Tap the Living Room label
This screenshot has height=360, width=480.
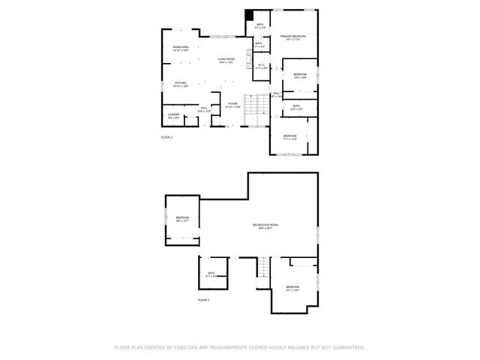pyautogui.click(x=226, y=60)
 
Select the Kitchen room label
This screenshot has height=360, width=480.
pyautogui.click(x=180, y=83)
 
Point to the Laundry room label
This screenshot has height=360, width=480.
pyautogui.click(x=173, y=115)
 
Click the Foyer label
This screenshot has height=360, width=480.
pyautogui.click(x=232, y=104)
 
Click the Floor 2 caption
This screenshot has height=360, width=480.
pyautogui.click(x=166, y=138)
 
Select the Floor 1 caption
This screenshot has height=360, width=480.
pyautogui.click(x=203, y=299)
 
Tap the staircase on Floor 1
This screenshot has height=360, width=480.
pyautogui.click(x=263, y=266)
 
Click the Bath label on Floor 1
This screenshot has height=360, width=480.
pyautogui.click(x=211, y=274)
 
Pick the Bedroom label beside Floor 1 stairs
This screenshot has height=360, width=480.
pyautogui.click(x=292, y=288)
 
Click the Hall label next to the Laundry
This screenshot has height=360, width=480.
pyautogui.click(x=203, y=109)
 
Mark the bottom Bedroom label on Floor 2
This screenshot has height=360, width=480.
pyautogui.click(x=290, y=136)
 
